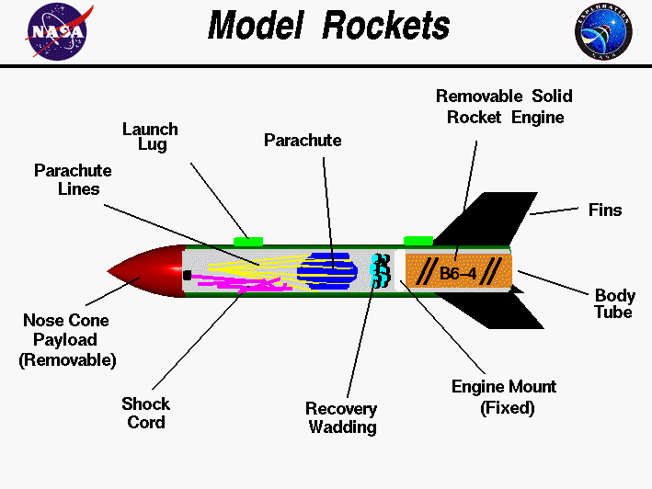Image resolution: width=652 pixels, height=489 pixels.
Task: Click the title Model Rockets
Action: pyautogui.click(x=328, y=26)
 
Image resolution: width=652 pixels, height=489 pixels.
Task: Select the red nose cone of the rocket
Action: pyautogui.click(x=152, y=272)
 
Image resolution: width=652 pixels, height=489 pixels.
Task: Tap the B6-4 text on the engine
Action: pyautogui.click(x=457, y=272)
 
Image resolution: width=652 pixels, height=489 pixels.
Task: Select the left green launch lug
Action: pyautogui.click(x=248, y=241)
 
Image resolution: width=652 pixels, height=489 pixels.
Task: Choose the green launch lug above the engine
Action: pyautogui.click(x=418, y=240)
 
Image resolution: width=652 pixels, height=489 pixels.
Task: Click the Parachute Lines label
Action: pyautogui.click(x=74, y=179)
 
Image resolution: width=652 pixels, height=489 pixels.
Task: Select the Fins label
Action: pyautogui.click(x=604, y=210)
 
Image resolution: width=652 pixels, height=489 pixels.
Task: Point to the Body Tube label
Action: pyautogui.click(x=613, y=304)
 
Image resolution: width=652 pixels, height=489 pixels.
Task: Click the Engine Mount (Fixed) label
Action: pyautogui.click(x=503, y=396)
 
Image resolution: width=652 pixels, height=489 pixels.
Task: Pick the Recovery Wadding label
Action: pyautogui.click(x=341, y=417)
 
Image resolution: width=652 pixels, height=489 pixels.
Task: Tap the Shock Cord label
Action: pyautogui.click(x=146, y=413)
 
